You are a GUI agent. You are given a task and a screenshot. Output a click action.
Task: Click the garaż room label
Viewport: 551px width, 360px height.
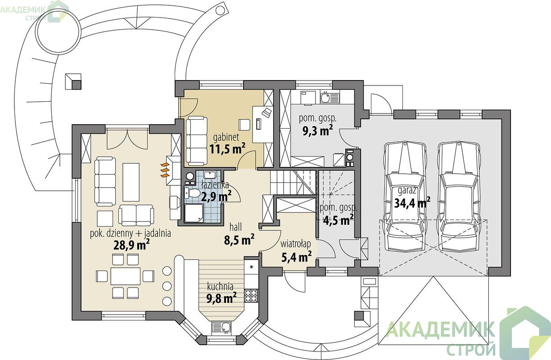407,191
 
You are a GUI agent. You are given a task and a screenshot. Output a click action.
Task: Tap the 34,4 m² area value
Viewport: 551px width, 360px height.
412,203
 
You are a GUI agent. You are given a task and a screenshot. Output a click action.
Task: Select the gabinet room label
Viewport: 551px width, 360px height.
226,137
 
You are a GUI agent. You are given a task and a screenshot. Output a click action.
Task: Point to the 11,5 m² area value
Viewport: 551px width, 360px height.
227,148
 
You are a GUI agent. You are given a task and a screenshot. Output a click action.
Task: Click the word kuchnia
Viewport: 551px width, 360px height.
220,287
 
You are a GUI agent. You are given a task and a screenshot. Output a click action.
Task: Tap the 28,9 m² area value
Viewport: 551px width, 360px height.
131,244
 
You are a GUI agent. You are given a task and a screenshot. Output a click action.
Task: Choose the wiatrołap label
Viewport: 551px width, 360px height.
296,244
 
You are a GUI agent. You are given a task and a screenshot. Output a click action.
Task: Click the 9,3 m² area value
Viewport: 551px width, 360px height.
317,130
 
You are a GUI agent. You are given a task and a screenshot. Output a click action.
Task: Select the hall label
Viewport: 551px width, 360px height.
235,227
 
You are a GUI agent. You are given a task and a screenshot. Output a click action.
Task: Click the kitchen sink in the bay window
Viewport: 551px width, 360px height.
221,327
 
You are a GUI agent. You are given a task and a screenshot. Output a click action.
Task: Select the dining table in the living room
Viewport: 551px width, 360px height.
126,276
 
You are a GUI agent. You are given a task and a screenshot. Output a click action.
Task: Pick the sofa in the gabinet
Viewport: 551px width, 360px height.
196,141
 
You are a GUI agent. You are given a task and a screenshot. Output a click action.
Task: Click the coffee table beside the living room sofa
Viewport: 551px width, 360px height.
131,182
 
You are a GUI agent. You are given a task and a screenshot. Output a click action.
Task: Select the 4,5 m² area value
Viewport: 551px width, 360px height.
339,220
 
